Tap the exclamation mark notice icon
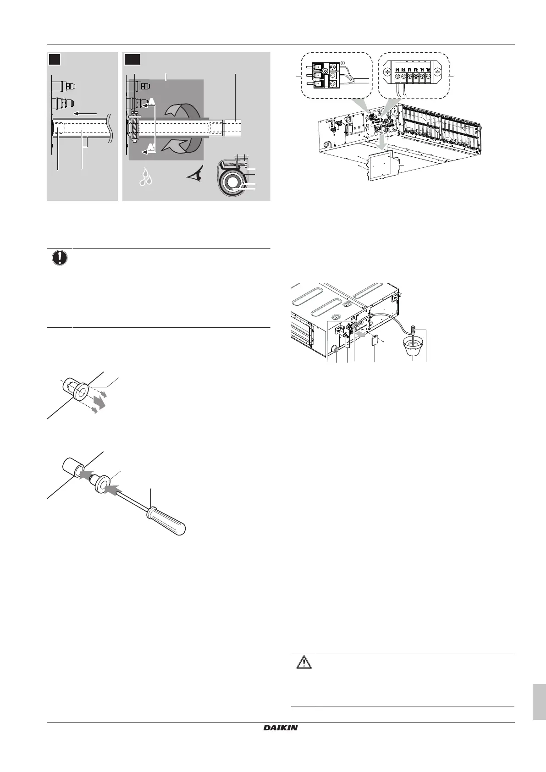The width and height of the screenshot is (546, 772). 59,257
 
